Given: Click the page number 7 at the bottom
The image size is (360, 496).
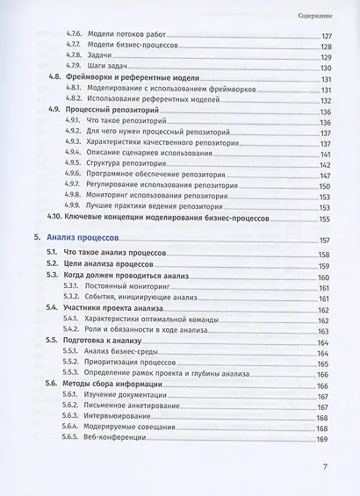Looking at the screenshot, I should coord(324,466).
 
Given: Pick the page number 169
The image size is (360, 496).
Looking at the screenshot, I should coord(321,439).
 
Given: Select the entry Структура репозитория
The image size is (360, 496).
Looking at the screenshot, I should coord(126,163).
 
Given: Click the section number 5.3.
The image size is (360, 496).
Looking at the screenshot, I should coord(54,276).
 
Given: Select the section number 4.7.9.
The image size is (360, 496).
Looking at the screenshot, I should coord(76,68).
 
